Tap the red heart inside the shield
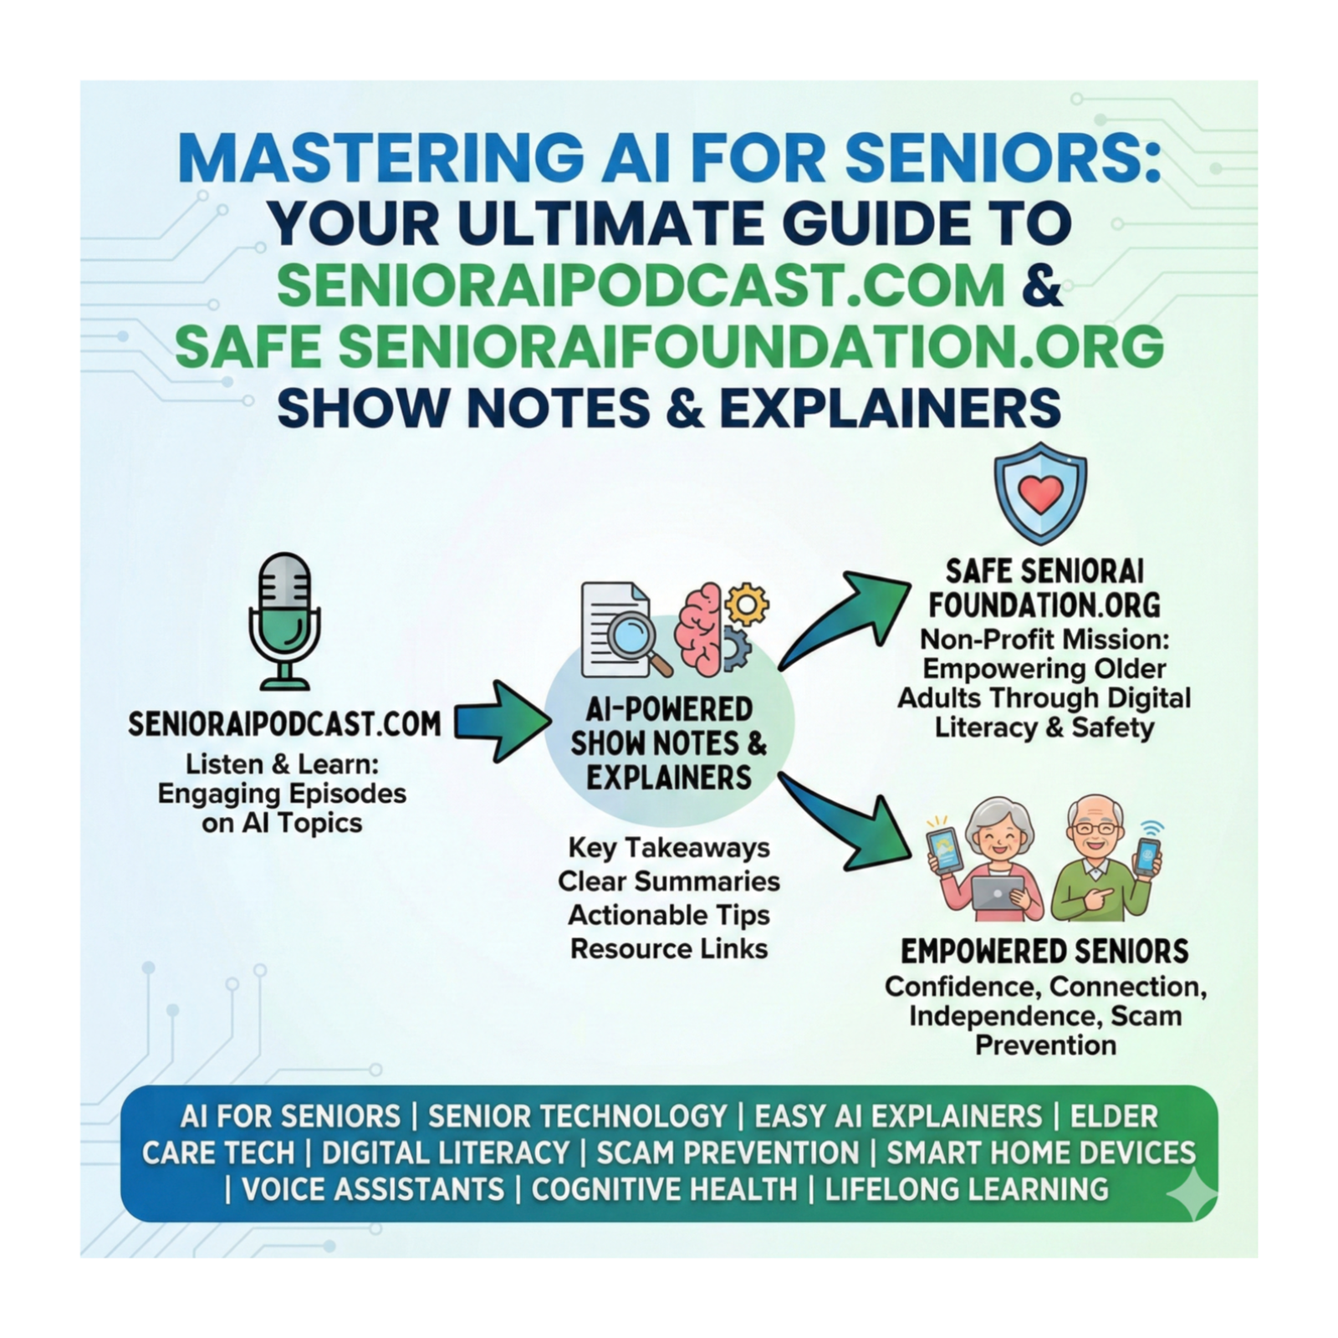click(x=1040, y=495)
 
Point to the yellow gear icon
click(x=747, y=604)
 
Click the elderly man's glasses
click(x=1095, y=829)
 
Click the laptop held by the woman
click(x=998, y=893)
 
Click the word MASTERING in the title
click(x=381, y=156)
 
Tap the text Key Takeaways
click(x=669, y=847)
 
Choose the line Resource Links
click(x=669, y=948)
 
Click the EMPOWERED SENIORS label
click(x=1044, y=951)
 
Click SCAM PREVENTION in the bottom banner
click(x=728, y=1152)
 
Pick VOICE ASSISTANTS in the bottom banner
click(x=373, y=1189)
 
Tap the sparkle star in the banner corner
click(x=1191, y=1193)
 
